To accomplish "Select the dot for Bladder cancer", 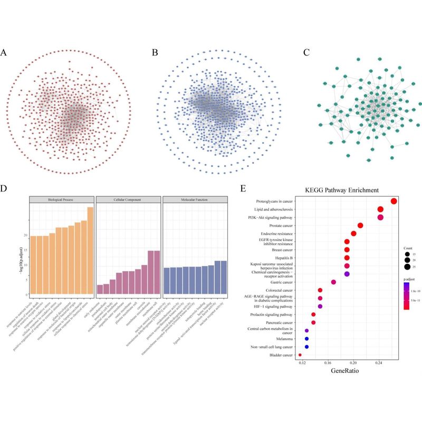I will [300, 355].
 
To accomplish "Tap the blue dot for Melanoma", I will [306, 339].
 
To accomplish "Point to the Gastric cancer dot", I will [333, 282].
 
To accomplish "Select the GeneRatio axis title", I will [346, 372].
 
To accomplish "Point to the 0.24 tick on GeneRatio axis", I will [379, 363].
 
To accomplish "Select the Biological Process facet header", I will [61, 200].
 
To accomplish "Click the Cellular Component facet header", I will [128, 200].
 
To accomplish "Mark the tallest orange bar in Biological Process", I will [90, 250].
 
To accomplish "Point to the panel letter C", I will [306, 53].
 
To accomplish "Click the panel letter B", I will [155, 53].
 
